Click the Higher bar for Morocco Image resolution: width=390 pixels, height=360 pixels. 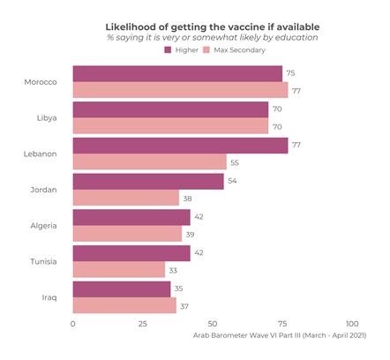(177, 73)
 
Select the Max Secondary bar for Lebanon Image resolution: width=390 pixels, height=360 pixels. (149, 161)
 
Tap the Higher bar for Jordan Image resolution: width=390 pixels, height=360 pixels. (148, 181)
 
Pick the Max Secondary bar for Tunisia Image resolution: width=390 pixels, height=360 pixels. (118, 270)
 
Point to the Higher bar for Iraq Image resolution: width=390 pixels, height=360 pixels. (122, 289)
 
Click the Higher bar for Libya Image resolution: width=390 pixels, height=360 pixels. (170, 109)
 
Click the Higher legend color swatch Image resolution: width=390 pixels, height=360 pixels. (169, 50)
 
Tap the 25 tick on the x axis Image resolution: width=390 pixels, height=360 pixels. (142, 324)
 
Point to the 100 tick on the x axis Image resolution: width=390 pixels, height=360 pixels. (352, 324)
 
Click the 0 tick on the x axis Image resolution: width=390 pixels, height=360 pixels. (72, 324)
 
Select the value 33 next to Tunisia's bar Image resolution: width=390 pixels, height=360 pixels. (172, 270)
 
